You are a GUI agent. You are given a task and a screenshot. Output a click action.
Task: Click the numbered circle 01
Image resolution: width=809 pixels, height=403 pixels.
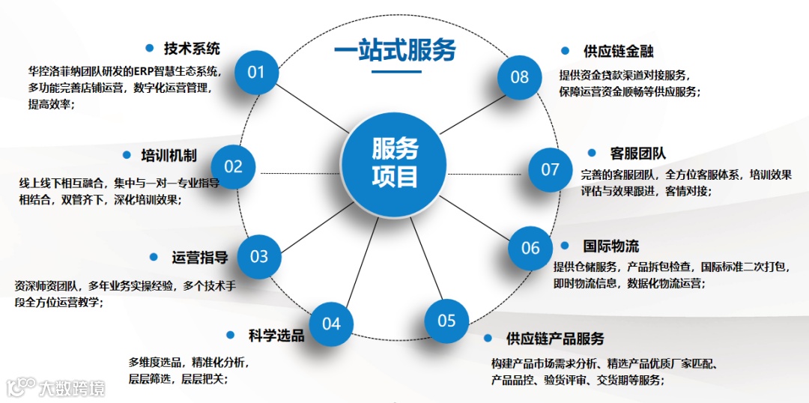256,72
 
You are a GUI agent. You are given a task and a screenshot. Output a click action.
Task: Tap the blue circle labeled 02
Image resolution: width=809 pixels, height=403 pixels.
234,166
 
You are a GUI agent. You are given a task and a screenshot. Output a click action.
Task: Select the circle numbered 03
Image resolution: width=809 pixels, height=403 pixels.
258,257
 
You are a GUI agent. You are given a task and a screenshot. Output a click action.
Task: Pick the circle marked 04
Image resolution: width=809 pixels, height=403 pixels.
331,323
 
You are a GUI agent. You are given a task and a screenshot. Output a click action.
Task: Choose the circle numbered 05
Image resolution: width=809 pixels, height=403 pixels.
446,321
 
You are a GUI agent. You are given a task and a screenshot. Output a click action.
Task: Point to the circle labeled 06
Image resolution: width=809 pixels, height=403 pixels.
530,247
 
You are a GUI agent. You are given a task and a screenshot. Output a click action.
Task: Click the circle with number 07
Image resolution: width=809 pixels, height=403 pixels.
551,169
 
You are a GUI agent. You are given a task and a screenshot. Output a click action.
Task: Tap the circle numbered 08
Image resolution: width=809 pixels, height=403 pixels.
520,76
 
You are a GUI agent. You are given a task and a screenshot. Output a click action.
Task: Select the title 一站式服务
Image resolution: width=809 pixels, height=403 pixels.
395,51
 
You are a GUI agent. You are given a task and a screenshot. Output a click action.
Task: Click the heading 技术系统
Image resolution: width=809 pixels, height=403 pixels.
192,49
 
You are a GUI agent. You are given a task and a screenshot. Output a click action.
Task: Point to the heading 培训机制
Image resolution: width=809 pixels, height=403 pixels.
169,156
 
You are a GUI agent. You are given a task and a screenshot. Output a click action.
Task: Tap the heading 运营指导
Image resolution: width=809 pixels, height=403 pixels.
199,258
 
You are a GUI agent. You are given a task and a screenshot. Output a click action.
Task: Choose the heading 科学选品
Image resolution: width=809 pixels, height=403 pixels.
276,336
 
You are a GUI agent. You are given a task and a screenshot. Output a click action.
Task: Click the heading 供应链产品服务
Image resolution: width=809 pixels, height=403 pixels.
554,339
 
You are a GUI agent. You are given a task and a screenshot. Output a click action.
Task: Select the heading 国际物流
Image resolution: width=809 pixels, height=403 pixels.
610,246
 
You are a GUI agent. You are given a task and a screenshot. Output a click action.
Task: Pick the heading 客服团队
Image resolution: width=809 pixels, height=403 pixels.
637,154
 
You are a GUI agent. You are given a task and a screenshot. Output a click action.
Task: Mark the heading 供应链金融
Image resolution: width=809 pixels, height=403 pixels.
618,51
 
